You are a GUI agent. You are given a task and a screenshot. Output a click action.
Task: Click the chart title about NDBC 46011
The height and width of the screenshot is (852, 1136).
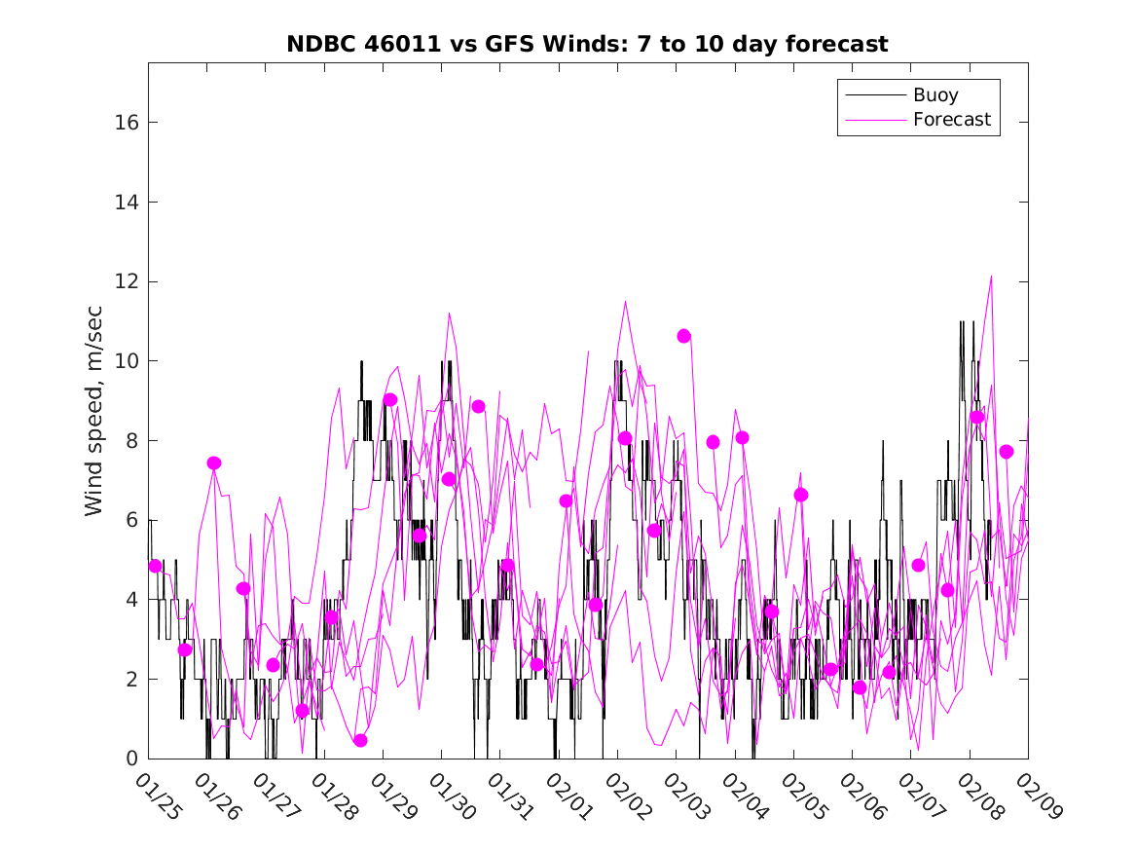pyautogui.click(x=587, y=44)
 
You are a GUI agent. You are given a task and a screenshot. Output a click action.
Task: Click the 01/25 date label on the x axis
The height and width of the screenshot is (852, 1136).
pyautogui.click(x=159, y=797)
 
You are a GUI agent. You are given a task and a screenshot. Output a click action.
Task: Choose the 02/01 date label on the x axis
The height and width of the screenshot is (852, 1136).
pyautogui.click(x=569, y=797)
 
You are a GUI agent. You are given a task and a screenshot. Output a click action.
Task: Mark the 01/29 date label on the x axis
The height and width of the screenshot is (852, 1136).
pyautogui.click(x=393, y=797)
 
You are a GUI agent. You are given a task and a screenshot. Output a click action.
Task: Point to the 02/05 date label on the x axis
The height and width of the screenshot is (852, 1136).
pyautogui.click(x=803, y=797)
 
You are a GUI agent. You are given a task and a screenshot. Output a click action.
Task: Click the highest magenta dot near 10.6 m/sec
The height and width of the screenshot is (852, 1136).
pyautogui.click(x=684, y=336)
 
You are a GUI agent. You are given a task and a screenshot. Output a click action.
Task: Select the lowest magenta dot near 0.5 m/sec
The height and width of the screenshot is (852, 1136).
pyautogui.click(x=361, y=740)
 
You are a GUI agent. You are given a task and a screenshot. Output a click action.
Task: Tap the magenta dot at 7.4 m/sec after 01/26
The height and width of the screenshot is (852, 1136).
pyautogui.click(x=214, y=463)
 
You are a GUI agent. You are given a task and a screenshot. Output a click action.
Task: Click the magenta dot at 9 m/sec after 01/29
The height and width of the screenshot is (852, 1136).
pyautogui.click(x=390, y=399)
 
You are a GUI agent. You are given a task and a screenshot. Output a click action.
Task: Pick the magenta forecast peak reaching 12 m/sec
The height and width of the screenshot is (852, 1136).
pyautogui.click(x=992, y=277)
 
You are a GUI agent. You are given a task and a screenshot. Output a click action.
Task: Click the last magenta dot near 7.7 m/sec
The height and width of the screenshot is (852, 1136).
pyautogui.click(x=1007, y=451)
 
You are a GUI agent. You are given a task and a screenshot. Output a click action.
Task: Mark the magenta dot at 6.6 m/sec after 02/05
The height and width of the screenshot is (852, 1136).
pyautogui.click(x=801, y=495)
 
